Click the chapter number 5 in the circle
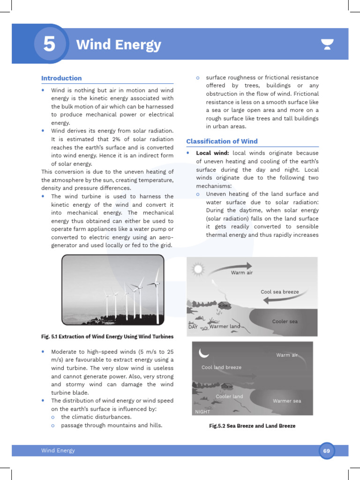click(x=48, y=45)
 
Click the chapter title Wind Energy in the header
click(x=118, y=45)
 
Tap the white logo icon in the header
click(x=327, y=45)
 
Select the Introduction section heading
click(x=61, y=78)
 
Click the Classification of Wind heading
click(x=222, y=141)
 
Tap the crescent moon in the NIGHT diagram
click(x=204, y=352)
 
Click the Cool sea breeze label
click(x=279, y=292)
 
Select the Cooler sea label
click(x=285, y=322)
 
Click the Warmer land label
click(x=225, y=326)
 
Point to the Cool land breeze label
click(x=221, y=367)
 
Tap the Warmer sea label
click(x=287, y=401)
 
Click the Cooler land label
click(x=229, y=397)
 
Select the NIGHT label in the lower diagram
click(x=202, y=412)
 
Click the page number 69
click(x=326, y=450)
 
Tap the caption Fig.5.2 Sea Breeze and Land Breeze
click(x=252, y=426)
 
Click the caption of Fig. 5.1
click(x=107, y=337)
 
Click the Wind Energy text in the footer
click(x=58, y=450)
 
